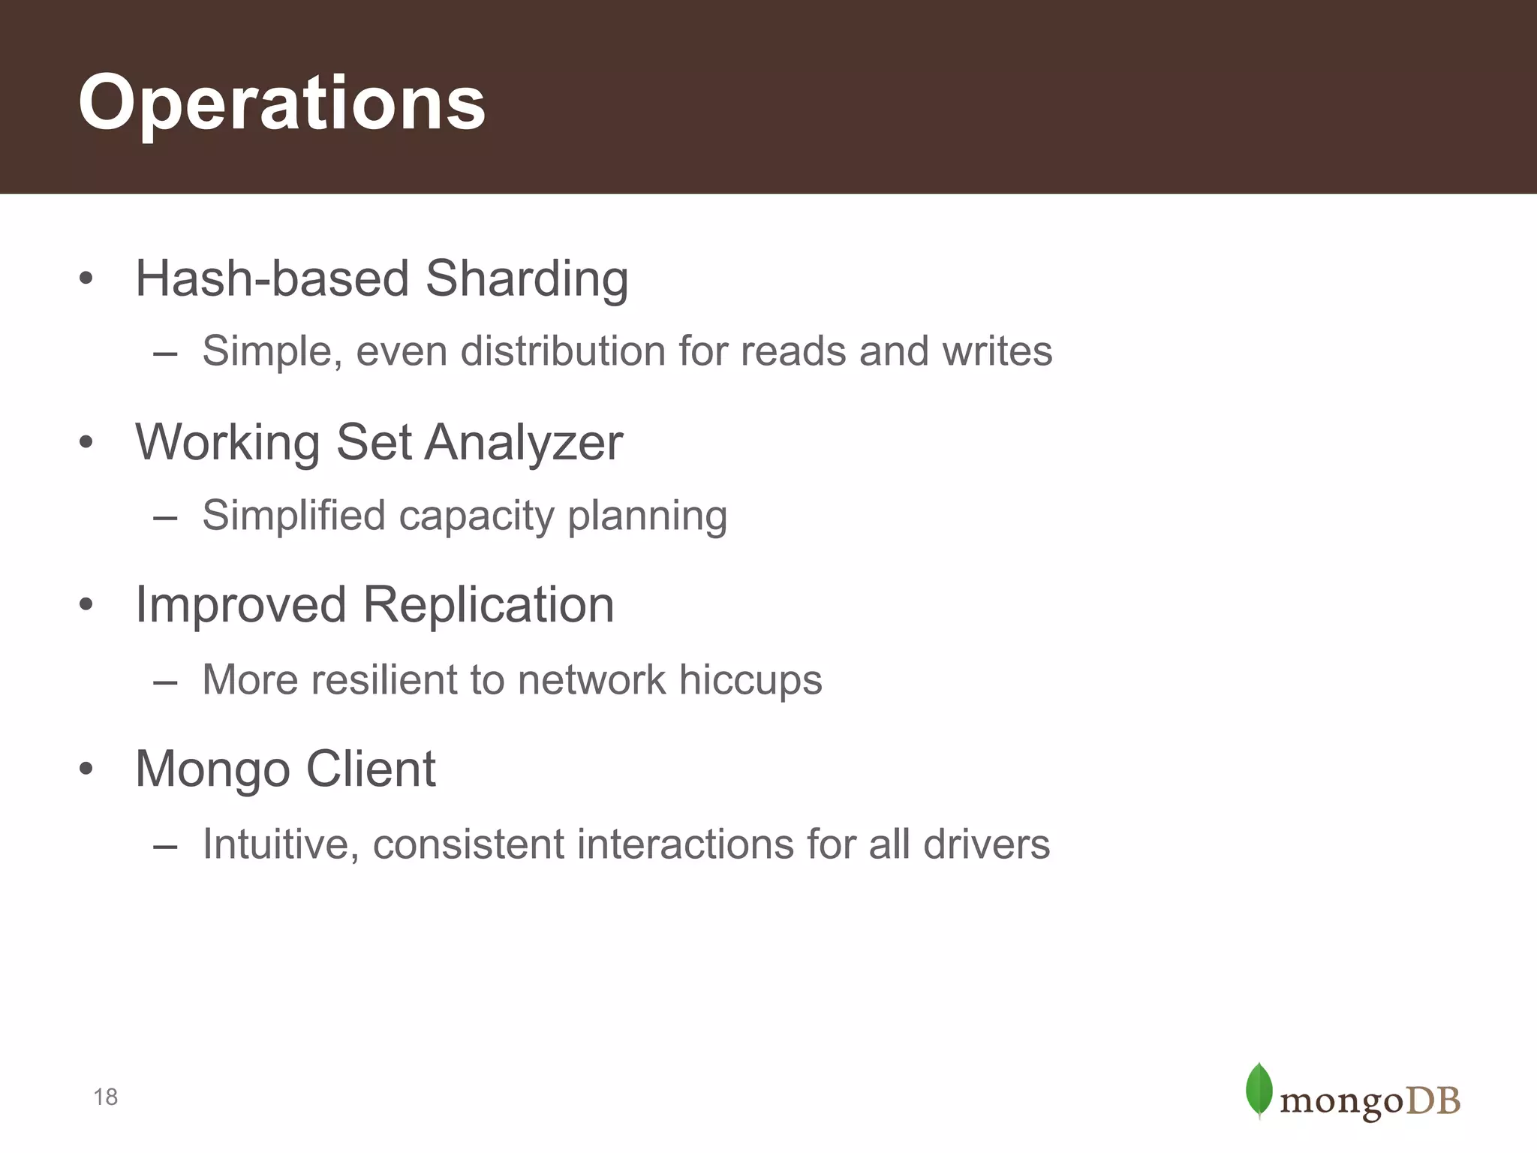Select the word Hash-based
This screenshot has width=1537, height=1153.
272,279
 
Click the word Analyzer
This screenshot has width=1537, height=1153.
524,443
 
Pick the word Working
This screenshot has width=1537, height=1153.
227,443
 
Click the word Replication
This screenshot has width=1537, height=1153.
489,605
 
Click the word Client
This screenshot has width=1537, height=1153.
371,769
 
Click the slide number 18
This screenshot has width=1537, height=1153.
105,1097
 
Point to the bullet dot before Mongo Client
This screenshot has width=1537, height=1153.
86,769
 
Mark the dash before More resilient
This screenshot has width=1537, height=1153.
164,682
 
